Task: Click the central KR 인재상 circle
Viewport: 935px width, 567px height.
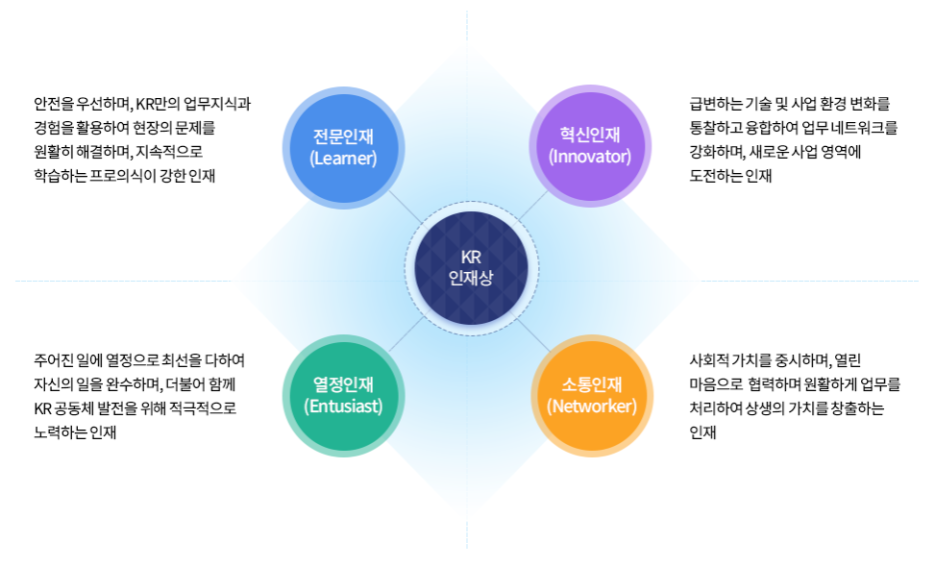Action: tap(470, 266)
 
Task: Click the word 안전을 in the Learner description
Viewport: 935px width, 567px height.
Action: tap(53, 104)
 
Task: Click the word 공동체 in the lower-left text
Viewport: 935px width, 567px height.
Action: tap(76, 408)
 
